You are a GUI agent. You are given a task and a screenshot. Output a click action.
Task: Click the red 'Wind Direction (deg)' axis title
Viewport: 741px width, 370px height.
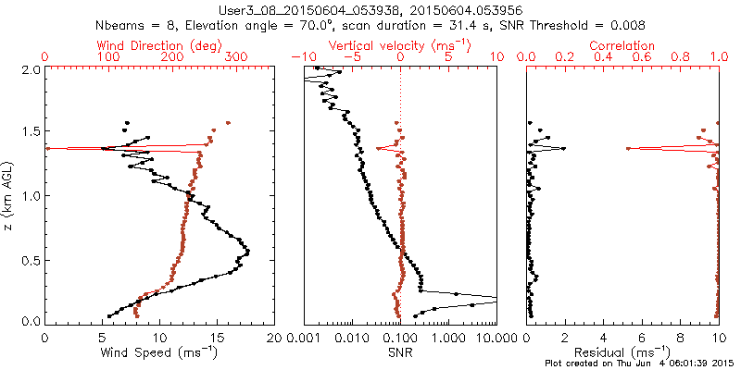pos(159,45)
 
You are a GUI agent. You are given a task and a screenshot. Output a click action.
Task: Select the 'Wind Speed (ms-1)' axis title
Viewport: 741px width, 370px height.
pos(159,352)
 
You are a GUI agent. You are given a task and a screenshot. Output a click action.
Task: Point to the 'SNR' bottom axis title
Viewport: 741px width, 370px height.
pos(400,352)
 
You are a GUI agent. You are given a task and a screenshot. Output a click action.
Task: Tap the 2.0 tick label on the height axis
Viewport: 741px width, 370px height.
pos(30,70)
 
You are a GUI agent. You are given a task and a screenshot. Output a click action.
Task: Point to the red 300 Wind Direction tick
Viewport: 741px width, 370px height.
pos(236,58)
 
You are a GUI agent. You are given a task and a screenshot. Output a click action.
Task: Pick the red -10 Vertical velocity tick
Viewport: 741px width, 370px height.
pos(299,58)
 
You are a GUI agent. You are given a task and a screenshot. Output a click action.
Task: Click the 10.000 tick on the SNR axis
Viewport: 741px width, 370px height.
pos(482,337)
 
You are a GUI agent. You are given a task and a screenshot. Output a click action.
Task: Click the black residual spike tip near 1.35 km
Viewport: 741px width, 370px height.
pos(563,148)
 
